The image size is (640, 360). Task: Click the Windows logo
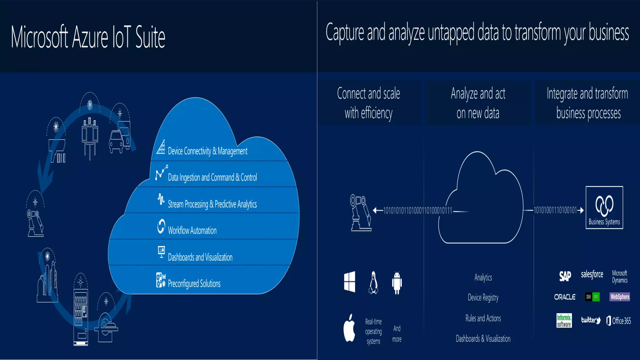coord(349,282)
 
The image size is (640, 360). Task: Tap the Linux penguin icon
coord(373,283)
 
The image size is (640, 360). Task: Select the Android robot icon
coord(397,283)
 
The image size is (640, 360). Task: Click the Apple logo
coord(349,328)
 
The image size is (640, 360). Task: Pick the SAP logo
coord(565,276)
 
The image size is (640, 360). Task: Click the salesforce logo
coord(592,274)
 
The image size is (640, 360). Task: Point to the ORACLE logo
coord(565,297)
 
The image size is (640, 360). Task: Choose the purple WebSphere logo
coord(620,297)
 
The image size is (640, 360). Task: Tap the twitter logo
coord(591,320)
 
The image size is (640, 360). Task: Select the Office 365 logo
coord(619,321)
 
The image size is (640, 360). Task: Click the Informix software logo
coord(564,321)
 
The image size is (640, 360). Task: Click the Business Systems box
coord(604,207)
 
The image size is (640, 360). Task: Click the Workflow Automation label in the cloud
coord(192,231)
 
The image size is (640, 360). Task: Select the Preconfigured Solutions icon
coord(161,280)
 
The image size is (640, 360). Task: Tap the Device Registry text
coord(483,297)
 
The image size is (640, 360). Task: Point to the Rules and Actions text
coord(483,318)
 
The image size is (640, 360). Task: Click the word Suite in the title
coord(150,37)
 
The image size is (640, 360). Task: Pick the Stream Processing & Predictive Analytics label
coord(212,204)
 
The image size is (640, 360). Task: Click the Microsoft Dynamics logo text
coord(620,277)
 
